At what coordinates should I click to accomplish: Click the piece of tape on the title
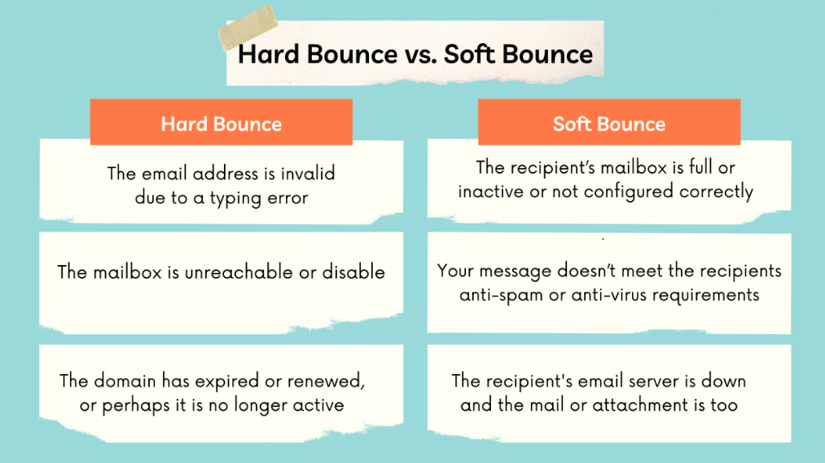248,27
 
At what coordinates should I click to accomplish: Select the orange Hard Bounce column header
221,121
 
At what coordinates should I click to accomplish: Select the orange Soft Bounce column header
608,121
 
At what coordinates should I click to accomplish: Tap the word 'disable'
353,271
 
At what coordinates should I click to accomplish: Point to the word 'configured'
628,192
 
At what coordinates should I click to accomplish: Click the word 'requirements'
706,295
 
